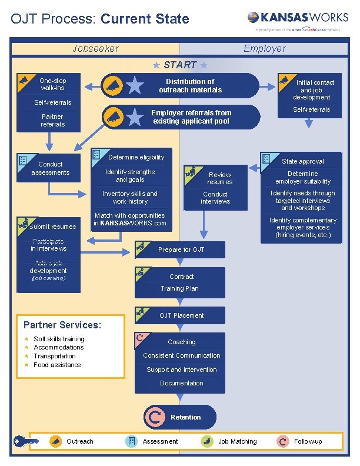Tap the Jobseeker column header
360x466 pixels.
(x=95, y=48)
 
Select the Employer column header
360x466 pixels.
(x=265, y=48)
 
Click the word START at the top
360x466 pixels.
(x=179, y=65)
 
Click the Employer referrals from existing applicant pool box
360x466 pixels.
(x=191, y=117)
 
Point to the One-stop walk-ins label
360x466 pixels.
(x=53, y=84)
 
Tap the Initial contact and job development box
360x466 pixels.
(x=314, y=89)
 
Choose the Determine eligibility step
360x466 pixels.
(x=136, y=157)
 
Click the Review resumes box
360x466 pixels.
(x=219, y=178)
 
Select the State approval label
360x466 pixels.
(x=302, y=161)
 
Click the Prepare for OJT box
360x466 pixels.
(x=181, y=249)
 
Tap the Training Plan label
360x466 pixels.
(x=179, y=288)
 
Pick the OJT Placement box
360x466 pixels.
(x=181, y=315)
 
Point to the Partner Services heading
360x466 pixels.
(x=62, y=325)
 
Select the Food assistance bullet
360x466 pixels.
(x=57, y=365)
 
